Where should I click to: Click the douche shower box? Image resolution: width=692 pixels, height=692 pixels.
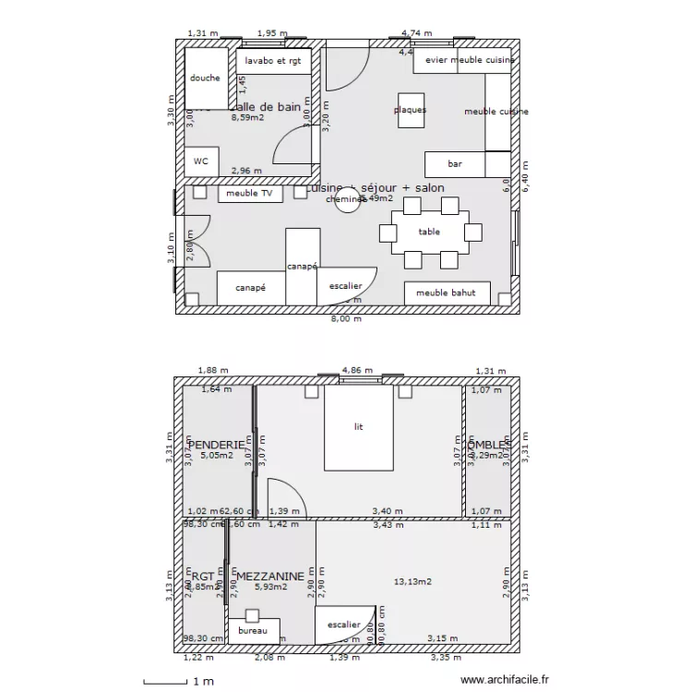[x=205, y=78]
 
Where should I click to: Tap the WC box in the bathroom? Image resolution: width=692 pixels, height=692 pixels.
[x=200, y=161]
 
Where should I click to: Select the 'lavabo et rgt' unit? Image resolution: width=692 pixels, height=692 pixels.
[x=273, y=62]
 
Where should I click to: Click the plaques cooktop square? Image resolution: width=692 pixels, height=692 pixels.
[x=411, y=110]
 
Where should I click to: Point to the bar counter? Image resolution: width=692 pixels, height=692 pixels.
[x=455, y=164]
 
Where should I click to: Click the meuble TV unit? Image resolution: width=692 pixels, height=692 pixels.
[x=250, y=194]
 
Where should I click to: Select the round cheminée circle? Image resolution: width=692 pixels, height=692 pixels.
[x=347, y=201]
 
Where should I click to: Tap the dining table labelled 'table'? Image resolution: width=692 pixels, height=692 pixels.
[x=430, y=233]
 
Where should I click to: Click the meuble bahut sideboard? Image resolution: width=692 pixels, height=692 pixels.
[x=447, y=293]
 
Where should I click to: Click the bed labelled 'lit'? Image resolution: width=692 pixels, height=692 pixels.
[x=359, y=427]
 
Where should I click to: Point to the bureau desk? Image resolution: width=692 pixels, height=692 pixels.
[x=252, y=631]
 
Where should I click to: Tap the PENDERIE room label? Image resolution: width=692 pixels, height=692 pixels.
[x=217, y=445]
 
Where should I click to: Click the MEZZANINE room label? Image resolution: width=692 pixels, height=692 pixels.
[x=269, y=577]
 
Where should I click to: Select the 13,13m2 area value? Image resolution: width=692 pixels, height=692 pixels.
[x=413, y=582]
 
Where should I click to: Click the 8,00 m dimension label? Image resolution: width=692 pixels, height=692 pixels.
[x=346, y=319]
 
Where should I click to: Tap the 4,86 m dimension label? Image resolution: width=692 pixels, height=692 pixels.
[x=357, y=371]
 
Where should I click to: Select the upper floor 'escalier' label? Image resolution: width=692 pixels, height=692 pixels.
[x=344, y=625]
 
